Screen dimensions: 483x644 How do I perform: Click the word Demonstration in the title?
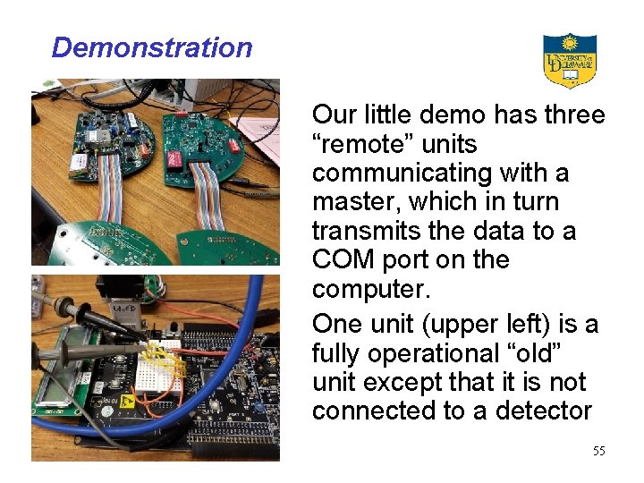pyautogui.click(x=152, y=47)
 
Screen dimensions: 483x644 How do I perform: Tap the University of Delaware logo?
pyautogui.click(x=570, y=61)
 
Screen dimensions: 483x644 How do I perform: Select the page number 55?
pyautogui.click(x=598, y=451)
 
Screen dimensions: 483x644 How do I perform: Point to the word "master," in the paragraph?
pyautogui.click(x=352, y=202)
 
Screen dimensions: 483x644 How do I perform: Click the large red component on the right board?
pyautogui.click(x=194, y=156)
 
